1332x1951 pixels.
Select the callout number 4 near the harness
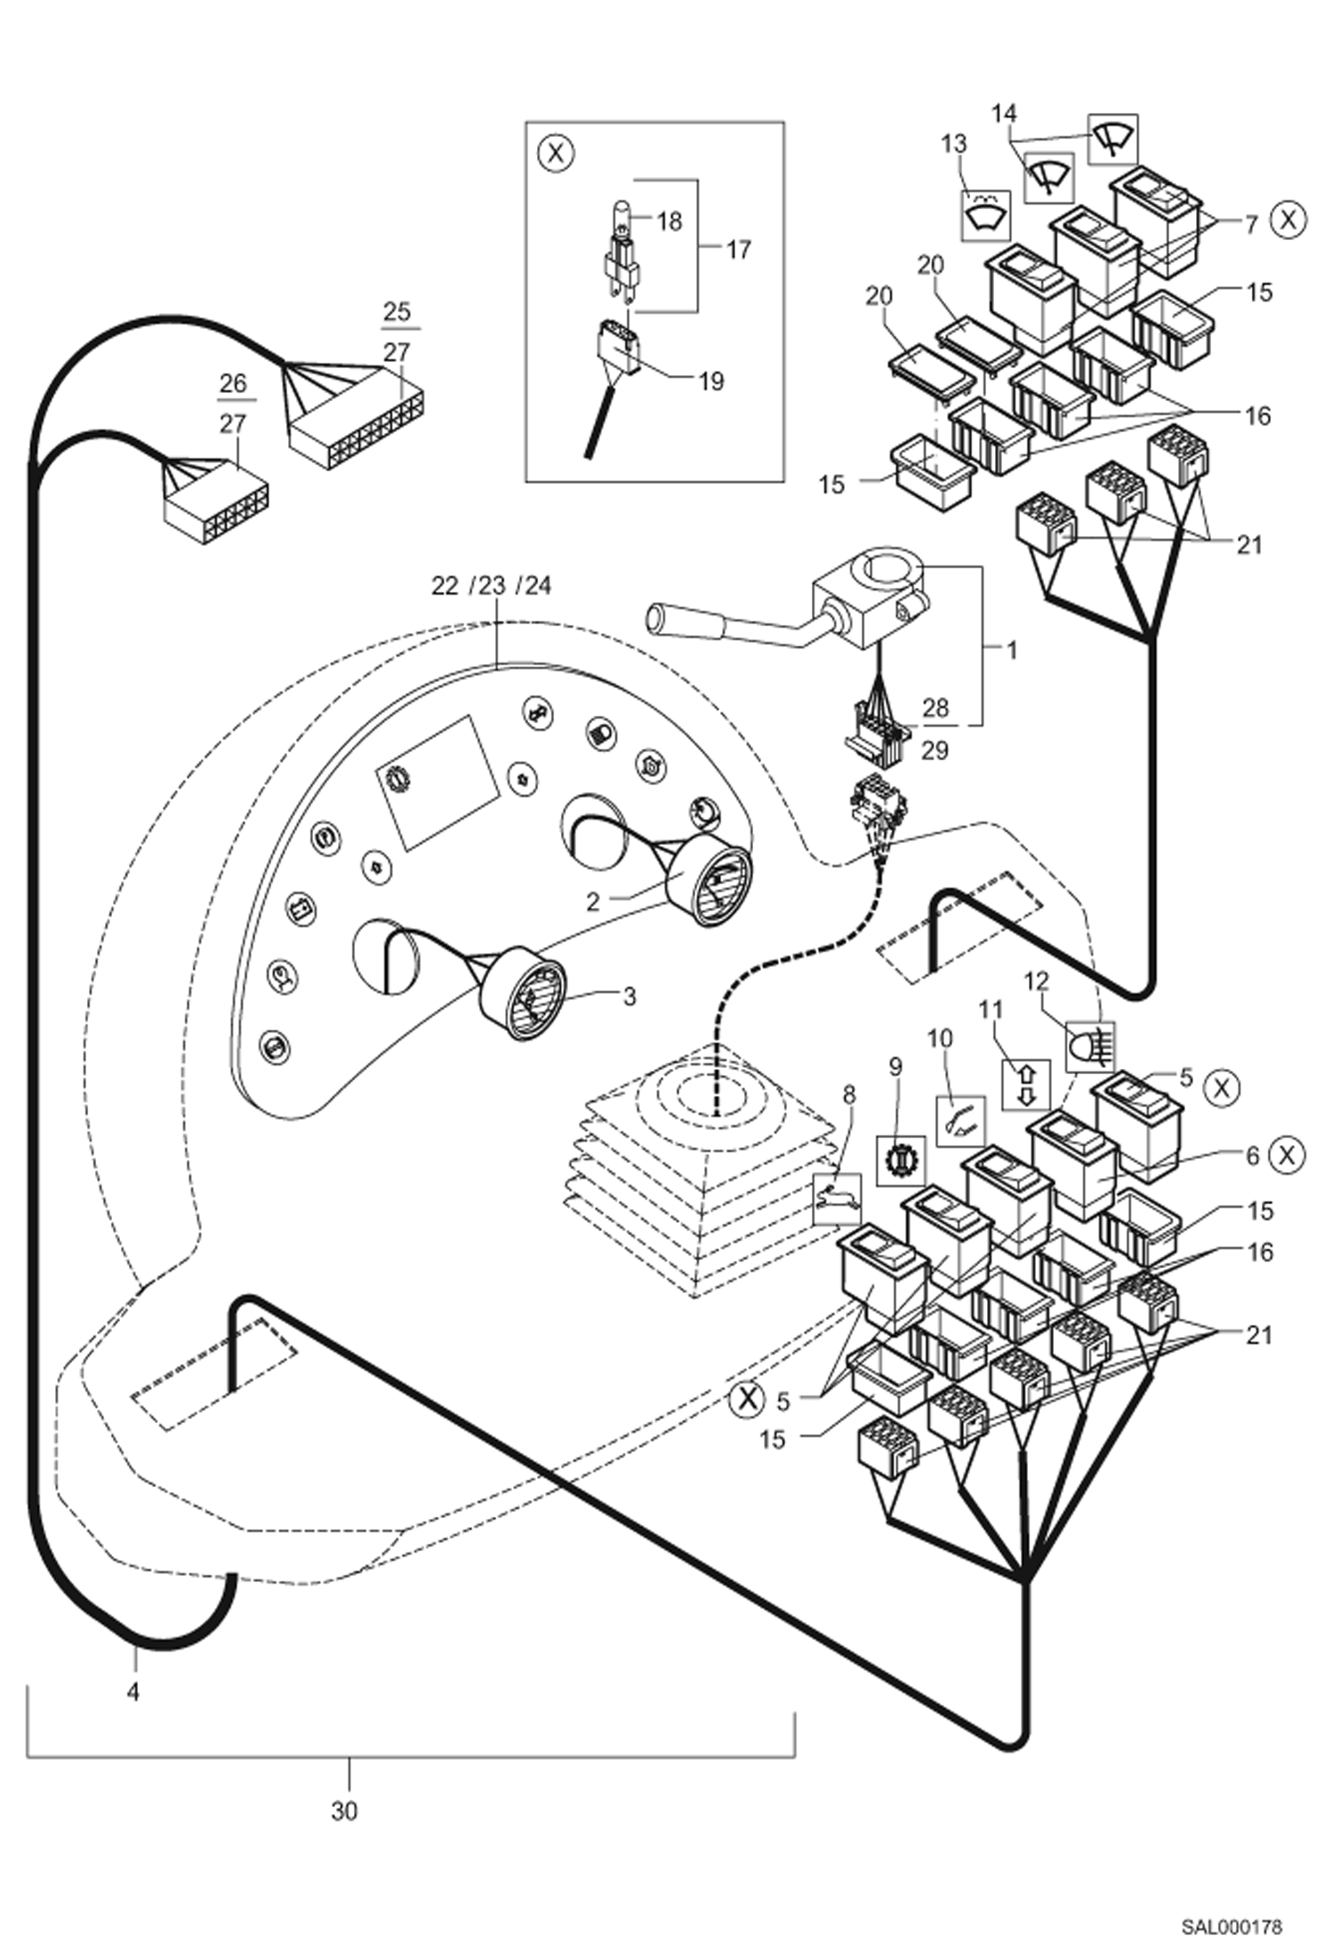pos(133,1691)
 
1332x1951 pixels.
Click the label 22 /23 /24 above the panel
pos(491,585)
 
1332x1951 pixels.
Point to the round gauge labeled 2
pos(709,879)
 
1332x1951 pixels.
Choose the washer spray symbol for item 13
pos(985,215)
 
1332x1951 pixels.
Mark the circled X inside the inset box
pos(557,153)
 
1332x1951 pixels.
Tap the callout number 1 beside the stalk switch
pos(1011,650)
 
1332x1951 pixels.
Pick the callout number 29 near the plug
pos(935,751)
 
